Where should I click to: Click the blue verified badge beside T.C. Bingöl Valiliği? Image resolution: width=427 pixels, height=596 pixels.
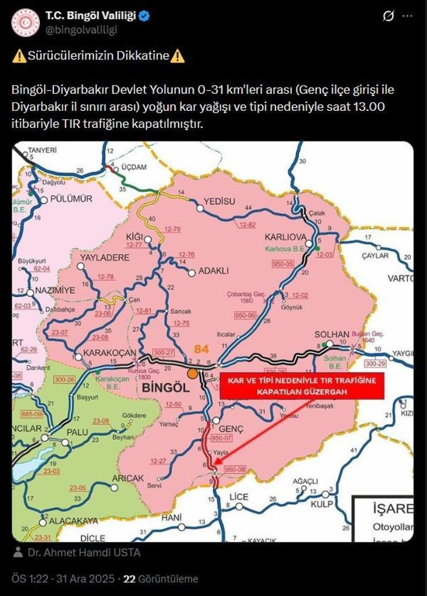point(145,16)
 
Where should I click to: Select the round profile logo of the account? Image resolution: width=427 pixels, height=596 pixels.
point(25,23)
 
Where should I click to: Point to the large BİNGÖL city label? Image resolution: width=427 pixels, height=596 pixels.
point(164,387)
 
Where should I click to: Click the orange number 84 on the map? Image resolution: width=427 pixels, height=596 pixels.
point(202,349)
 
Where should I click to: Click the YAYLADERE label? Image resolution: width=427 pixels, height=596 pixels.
point(104,258)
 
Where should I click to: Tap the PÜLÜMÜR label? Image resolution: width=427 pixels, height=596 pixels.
point(71,198)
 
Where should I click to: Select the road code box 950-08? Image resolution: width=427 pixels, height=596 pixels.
point(235,469)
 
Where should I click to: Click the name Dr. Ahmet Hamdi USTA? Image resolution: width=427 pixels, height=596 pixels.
point(84,552)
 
